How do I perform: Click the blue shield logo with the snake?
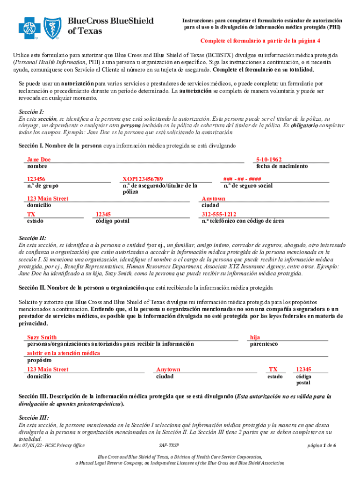click(52, 28)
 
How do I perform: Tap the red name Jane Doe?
click(39, 160)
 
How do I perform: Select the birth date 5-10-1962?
click(269, 160)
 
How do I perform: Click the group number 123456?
click(36, 179)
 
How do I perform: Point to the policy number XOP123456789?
click(143, 179)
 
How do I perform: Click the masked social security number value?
click(242, 179)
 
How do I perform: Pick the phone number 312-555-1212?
click(219, 214)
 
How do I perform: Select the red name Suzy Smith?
click(42, 337)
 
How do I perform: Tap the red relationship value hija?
click(255, 337)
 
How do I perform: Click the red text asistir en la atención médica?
click(60, 354)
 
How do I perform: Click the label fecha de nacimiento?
click(282, 166)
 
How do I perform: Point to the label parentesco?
click(264, 344)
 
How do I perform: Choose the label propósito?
click(39, 360)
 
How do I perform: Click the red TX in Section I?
click(31, 214)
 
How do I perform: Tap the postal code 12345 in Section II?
click(304, 370)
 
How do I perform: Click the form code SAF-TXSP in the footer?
click(169, 445)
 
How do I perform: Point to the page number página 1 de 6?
click(322, 445)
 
